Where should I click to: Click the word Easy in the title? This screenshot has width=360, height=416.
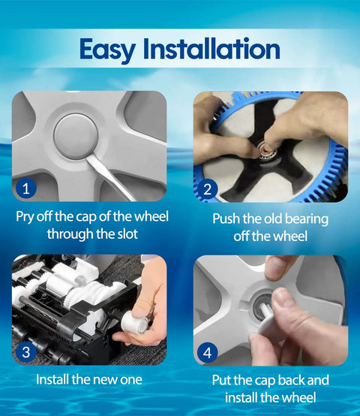107,50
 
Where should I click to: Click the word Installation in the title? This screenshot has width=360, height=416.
211,48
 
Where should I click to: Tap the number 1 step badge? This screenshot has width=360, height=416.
25,188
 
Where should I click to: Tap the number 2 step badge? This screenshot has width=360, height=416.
208,189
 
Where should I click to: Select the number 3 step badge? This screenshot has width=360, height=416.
26,352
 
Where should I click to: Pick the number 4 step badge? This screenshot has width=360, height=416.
208,353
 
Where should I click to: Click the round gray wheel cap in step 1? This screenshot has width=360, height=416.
76,137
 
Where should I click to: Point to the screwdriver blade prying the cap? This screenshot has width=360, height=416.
110,176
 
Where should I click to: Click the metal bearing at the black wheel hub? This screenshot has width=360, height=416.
266,151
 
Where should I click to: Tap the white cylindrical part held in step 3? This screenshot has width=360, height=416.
134,321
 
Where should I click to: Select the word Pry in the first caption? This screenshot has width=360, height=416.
25,217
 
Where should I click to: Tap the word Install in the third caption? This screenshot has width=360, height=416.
52,379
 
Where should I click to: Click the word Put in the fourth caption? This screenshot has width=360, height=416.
221,380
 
